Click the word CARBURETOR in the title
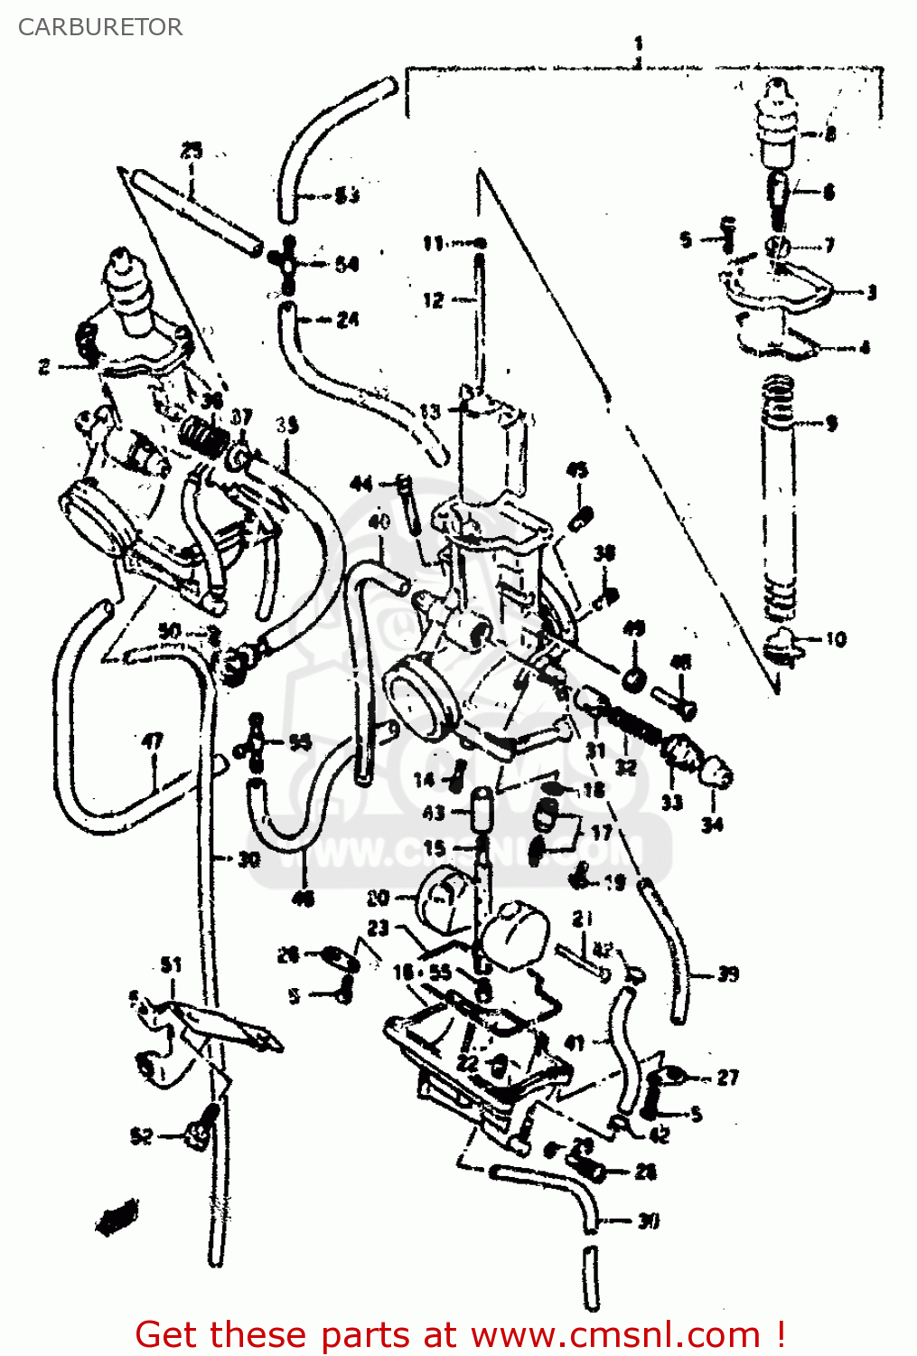click(x=99, y=27)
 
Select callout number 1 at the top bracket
click(x=639, y=43)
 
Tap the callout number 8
click(x=829, y=135)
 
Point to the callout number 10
click(x=836, y=639)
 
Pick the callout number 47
click(x=153, y=742)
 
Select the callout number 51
click(x=171, y=965)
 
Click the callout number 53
click(x=347, y=194)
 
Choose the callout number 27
click(x=728, y=1077)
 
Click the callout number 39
click(x=728, y=974)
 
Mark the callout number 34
click(x=712, y=824)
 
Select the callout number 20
click(x=378, y=898)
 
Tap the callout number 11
click(x=434, y=243)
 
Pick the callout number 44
click(x=361, y=484)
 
